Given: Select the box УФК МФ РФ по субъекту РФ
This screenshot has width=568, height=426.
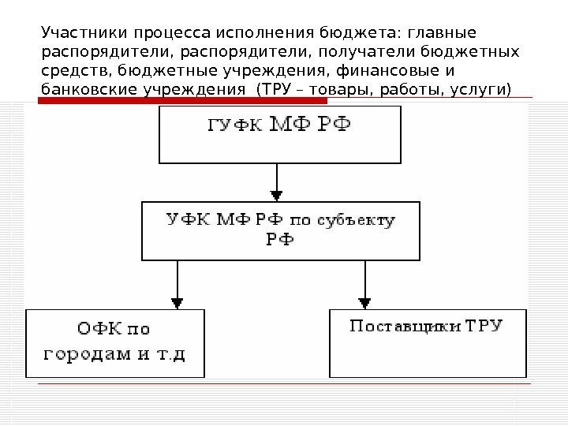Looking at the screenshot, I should coord(280,230).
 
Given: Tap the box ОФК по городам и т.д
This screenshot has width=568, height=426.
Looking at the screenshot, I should coord(116,343).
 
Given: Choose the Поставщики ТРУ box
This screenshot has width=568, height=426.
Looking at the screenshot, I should coord(427,343).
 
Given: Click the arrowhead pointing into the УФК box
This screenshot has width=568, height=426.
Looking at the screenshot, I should coord(276,194).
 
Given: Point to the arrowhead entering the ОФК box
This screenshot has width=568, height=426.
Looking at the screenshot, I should coord(177,302).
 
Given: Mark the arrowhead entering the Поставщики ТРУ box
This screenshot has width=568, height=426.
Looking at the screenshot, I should coord(364,302).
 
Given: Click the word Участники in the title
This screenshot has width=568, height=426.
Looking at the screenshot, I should coord(73,34).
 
